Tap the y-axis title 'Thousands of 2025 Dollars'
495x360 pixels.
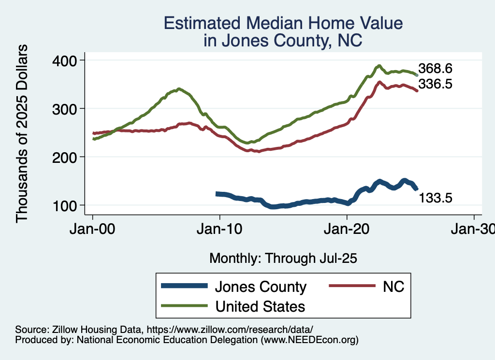[x=22, y=133]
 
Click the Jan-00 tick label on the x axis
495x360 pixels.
[x=93, y=228]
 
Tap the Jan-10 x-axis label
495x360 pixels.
[x=220, y=228]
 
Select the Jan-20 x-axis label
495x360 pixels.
[x=347, y=228]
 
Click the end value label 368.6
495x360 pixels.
[x=435, y=68]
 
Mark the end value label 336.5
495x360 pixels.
[x=435, y=84]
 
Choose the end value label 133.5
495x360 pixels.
[x=435, y=198]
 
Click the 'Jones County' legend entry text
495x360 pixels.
[x=261, y=287]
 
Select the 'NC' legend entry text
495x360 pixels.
[x=393, y=287]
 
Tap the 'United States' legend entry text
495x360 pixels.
[x=260, y=306]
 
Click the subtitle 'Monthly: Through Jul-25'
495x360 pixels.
[x=283, y=259]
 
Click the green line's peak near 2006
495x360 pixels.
[x=179, y=89]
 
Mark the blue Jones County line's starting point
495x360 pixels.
[x=217, y=194]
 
